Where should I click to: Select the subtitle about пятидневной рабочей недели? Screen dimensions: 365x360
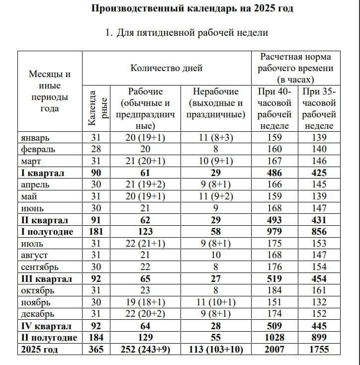[x=186, y=33]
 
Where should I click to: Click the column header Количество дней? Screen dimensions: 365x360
[x=167, y=68]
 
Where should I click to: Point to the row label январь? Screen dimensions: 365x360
[x=36, y=137]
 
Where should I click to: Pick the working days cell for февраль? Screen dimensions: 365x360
[x=145, y=149]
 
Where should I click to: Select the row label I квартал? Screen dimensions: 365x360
[x=43, y=173]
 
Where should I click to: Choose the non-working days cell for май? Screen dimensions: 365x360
[x=216, y=196]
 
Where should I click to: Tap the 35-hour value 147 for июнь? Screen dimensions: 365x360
[x=316, y=208]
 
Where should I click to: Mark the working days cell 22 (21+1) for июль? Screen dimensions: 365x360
[x=145, y=244]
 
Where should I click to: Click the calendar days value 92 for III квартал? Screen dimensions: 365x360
[x=96, y=279]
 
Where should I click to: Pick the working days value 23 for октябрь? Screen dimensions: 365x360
[x=145, y=290]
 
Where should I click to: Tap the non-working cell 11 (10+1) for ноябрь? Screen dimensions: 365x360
[x=216, y=302]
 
